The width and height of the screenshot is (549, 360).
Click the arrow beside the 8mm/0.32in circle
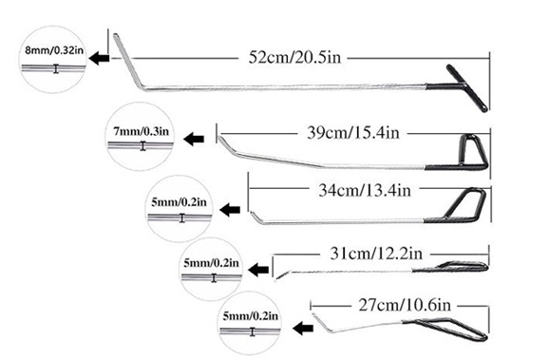click(x=99, y=58)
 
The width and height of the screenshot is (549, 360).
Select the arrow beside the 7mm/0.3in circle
click(x=196, y=139)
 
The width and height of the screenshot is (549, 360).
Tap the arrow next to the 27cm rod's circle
click(x=302, y=327)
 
